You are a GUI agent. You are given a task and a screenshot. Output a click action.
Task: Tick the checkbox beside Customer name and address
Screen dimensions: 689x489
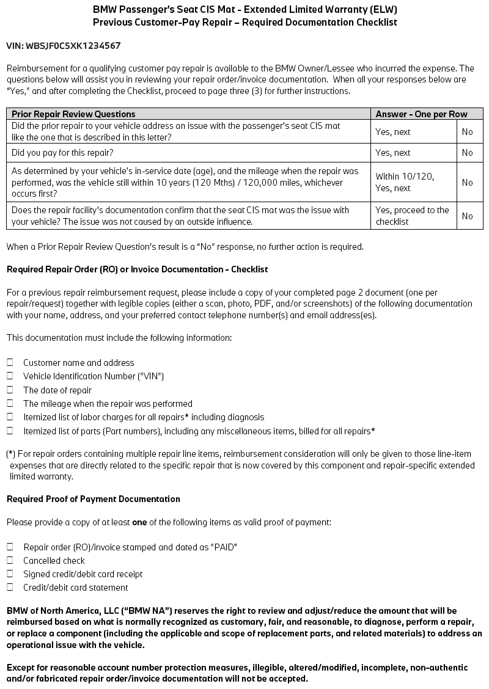10,362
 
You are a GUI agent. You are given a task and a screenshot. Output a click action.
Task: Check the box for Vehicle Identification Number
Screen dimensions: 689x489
10,376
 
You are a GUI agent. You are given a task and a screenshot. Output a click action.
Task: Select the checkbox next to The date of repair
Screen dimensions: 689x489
10,390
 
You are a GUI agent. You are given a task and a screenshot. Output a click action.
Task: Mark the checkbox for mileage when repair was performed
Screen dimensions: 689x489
10,403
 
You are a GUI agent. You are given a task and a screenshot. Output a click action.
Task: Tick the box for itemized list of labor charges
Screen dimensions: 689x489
10,417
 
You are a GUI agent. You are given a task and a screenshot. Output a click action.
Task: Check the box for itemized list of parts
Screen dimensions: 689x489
10,431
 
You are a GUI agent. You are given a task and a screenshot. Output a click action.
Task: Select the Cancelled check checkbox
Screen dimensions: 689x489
10,560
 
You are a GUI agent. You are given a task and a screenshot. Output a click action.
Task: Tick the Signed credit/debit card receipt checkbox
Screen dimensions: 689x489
10,574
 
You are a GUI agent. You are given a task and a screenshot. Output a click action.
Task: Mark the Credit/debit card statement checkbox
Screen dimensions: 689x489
10,588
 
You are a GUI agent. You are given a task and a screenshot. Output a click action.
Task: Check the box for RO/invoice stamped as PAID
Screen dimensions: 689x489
10,547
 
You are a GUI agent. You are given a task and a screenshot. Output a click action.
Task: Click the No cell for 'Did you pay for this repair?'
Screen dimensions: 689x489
468,153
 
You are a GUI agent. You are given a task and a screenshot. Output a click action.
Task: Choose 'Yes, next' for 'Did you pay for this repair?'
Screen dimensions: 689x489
393,153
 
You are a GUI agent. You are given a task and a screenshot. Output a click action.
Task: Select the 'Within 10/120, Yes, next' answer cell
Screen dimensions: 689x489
405,182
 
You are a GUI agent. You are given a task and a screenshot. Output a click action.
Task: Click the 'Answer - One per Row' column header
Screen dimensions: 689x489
421,114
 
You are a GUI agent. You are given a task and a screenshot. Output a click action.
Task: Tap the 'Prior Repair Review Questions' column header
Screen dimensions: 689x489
73,114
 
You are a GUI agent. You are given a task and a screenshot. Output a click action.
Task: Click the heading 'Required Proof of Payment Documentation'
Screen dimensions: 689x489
94,499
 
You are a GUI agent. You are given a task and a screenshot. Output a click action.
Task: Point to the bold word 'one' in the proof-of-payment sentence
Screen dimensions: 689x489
139,522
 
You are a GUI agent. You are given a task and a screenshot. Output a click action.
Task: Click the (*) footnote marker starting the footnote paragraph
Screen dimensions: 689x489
11,454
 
